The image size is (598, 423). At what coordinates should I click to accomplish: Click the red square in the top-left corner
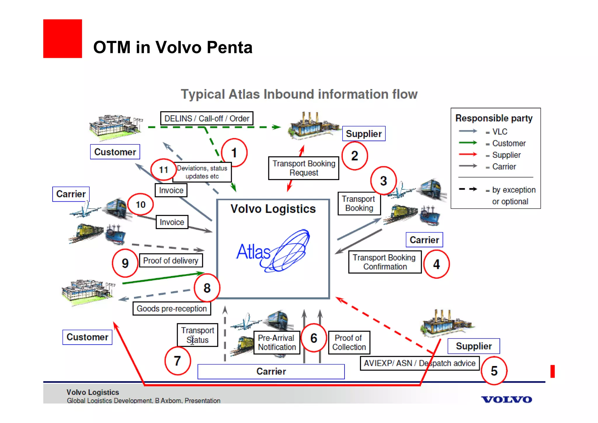pyautogui.click(x=62, y=39)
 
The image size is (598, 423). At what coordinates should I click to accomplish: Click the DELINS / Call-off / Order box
pyautogui.click(x=207, y=118)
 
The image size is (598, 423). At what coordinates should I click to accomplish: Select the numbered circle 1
pyautogui.click(x=234, y=153)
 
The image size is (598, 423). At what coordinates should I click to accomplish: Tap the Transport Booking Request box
pyautogui.click(x=304, y=168)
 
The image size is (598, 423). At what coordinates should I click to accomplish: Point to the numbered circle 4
pyautogui.click(x=436, y=264)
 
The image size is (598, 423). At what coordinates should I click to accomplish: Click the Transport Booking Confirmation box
pyautogui.click(x=385, y=262)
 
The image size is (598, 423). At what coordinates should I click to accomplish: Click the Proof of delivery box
pyautogui.click(x=171, y=260)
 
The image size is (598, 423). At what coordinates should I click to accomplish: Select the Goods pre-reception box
pyautogui.click(x=172, y=309)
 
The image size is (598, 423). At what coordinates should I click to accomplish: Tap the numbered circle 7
pyautogui.click(x=177, y=361)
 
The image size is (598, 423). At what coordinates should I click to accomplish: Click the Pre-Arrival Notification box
pyautogui.click(x=277, y=342)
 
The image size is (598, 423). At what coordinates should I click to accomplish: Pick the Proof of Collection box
pyautogui.click(x=349, y=342)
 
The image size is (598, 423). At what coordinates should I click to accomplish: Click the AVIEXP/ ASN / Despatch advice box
pyautogui.click(x=419, y=363)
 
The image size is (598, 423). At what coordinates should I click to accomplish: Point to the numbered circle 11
pyautogui.click(x=163, y=170)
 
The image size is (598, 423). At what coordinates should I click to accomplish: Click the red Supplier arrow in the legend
pyautogui.click(x=468, y=154)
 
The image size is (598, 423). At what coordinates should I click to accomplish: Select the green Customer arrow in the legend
pyautogui.click(x=468, y=143)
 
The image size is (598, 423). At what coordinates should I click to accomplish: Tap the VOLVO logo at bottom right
pyautogui.click(x=506, y=399)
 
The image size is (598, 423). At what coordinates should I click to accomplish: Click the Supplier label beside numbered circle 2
pyautogui.click(x=364, y=134)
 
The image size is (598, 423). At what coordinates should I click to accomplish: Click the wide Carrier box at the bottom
pyautogui.click(x=271, y=372)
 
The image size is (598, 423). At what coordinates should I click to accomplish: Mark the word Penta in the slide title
pyautogui.click(x=230, y=47)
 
